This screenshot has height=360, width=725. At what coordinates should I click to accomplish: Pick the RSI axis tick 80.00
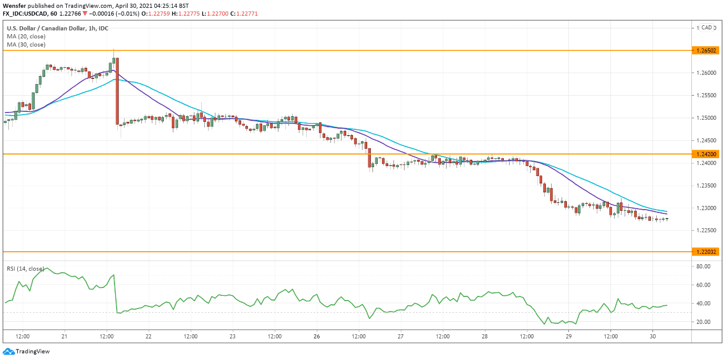point(703,266)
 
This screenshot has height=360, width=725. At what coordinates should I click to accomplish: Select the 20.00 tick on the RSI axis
point(703,322)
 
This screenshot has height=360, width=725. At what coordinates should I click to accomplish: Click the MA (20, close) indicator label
point(26,37)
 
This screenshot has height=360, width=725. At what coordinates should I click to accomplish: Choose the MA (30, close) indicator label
point(26,45)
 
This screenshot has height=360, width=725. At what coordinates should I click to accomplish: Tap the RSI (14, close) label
point(25,269)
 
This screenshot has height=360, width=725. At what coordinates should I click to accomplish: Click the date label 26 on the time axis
point(317,336)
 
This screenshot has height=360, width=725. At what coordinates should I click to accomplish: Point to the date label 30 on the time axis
point(652,336)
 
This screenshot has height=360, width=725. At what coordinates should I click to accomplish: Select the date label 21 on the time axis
point(64,336)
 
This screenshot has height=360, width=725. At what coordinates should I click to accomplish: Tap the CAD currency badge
point(707,28)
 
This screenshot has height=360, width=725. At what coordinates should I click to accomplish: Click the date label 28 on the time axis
point(485,336)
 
